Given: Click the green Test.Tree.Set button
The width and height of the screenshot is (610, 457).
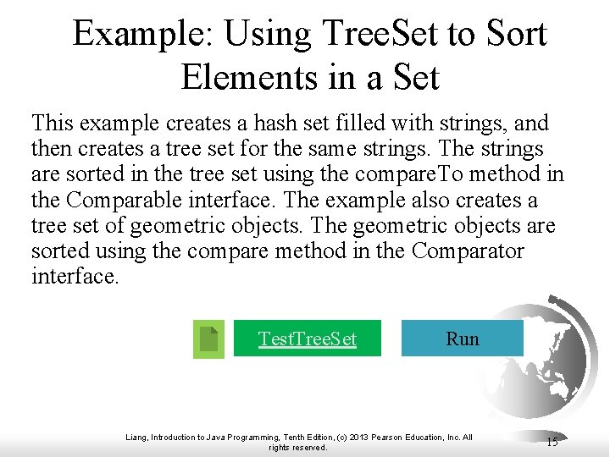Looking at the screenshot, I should [307, 339].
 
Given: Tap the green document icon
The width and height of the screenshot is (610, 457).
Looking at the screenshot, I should [208, 339].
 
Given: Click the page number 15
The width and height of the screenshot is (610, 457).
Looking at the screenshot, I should [552, 442].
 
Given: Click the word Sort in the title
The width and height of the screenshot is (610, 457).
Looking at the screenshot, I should [517, 34].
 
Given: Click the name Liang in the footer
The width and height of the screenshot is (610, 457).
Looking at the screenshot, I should [136, 437].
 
